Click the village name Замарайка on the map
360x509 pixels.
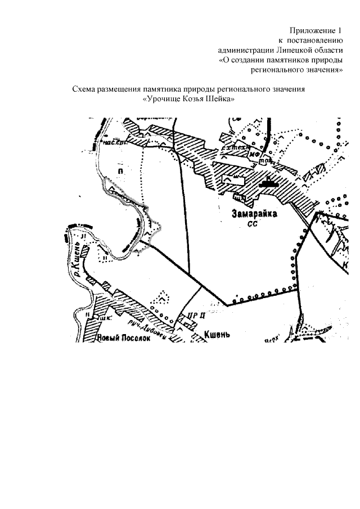[x=252, y=214]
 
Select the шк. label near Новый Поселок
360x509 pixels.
[x=106, y=318]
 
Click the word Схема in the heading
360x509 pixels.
[x=87, y=89]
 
